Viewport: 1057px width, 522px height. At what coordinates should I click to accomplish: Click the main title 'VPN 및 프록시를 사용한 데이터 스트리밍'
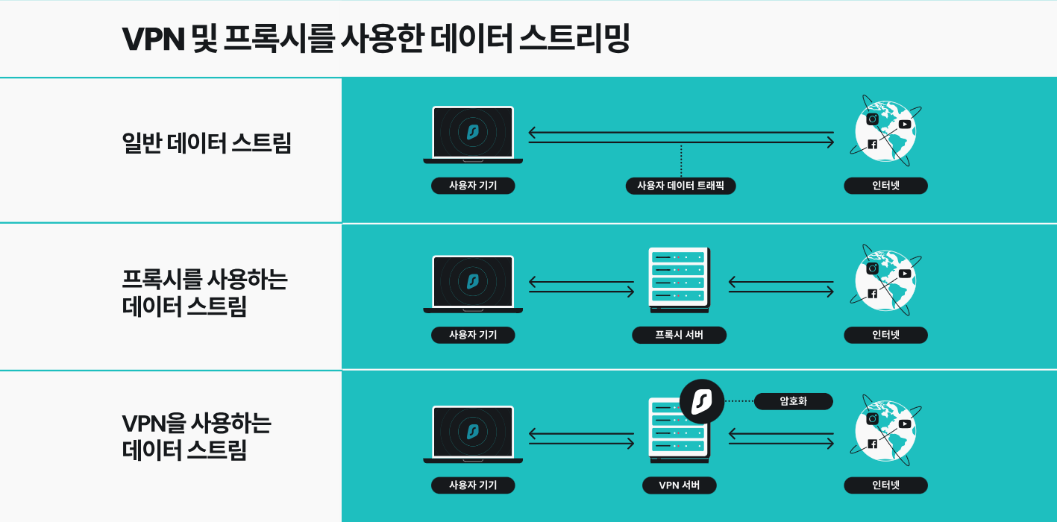coord(376,39)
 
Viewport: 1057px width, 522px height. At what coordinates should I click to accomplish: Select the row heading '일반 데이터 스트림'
coord(206,142)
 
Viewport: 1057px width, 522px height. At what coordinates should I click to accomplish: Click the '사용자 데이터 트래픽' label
coord(680,186)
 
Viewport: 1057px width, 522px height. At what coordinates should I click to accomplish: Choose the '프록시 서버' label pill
coord(679,335)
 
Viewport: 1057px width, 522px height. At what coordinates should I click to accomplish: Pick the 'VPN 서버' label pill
coord(679,485)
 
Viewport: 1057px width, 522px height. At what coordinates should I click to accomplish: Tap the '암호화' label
coord(793,401)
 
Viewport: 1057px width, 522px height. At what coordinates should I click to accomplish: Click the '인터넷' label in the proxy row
coord(885,335)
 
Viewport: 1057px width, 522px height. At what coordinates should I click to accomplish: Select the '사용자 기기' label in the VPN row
coord(473,485)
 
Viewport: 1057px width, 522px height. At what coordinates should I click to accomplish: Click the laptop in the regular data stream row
coord(473,134)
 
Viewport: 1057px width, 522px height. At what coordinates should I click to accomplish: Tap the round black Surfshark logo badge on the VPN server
coord(702,402)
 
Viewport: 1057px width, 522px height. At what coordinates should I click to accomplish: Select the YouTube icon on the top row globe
coord(905,124)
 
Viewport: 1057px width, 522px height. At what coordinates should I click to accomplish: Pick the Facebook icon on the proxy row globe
coord(872,294)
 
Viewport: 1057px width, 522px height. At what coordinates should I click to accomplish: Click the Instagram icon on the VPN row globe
coord(872,419)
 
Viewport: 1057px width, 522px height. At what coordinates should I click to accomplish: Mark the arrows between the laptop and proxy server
coord(581,286)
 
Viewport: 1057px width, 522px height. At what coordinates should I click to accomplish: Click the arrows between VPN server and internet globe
coord(781,437)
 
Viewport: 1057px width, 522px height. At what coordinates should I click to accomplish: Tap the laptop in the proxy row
coord(473,283)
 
